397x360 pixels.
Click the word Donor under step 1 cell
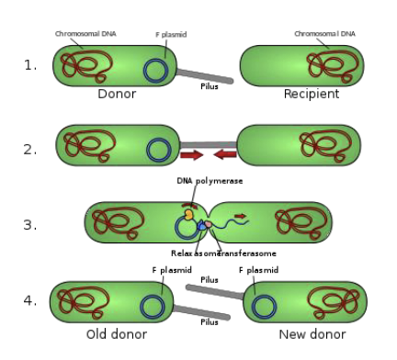point(117,94)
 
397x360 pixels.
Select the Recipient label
point(312,94)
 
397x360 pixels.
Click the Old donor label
point(116,334)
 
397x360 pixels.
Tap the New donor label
point(312,334)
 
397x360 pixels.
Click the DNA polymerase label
point(210,181)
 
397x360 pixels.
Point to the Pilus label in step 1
point(210,86)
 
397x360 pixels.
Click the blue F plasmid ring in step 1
point(156,71)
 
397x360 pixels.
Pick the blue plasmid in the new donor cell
point(266,307)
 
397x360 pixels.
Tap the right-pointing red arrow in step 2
point(192,154)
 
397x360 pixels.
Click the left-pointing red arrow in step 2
point(225,154)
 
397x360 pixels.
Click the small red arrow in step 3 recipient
point(241,217)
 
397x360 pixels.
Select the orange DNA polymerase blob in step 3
point(190,215)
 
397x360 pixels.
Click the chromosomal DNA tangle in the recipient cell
point(326,64)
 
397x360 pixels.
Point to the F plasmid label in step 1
point(171,35)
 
